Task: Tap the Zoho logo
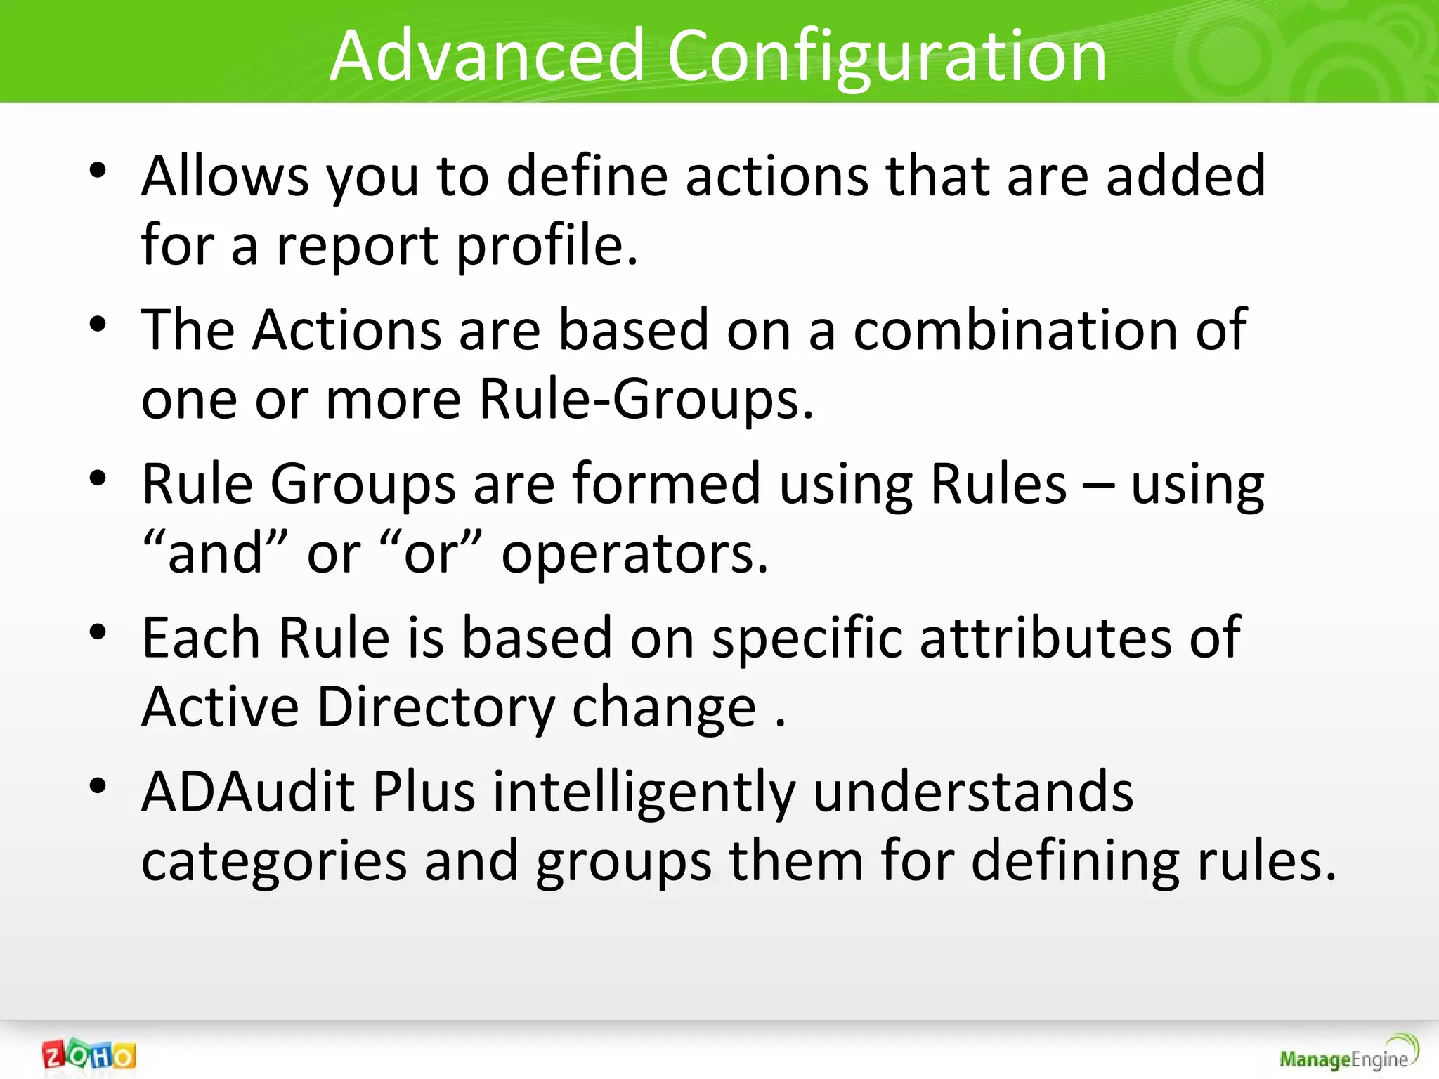tap(89, 1054)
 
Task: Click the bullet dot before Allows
tap(98, 171)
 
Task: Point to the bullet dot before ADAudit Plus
tap(98, 786)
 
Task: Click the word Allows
tap(225, 176)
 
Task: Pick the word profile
tap(547, 246)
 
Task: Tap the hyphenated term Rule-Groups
tap(645, 399)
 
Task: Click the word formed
tap(666, 484)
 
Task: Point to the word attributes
tap(1046, 638)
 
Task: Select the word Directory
tap(436, 707)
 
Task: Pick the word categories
tap(274, 862)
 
